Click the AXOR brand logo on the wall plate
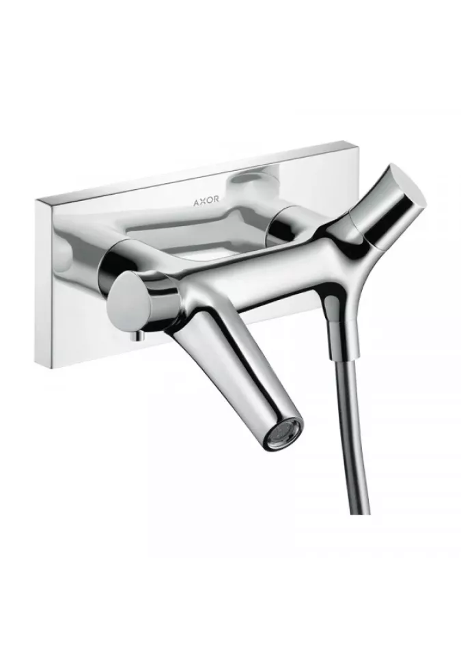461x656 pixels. coord(206,200)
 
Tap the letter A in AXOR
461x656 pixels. coord(196,201)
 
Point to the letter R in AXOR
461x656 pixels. coord(216,200)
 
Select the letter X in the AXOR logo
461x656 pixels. coord(202,200)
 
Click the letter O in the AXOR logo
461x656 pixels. coord(209,200)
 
